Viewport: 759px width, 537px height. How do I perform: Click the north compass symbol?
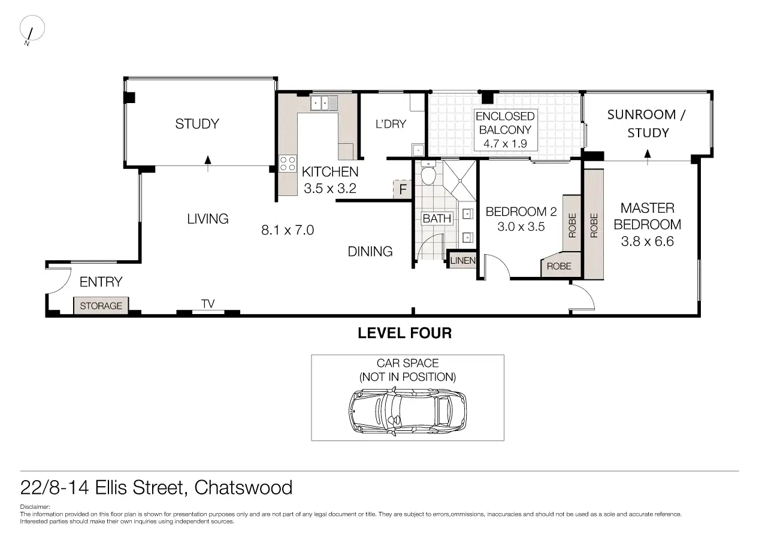click(x=32, y=30)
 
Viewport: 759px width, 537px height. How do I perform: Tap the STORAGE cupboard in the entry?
click(x=101, y=306)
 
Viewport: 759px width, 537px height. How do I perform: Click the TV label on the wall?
click(x=208, y=303)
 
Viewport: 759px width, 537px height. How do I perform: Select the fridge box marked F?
click(x=402, y=189)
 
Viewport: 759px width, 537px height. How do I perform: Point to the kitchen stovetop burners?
click(x=288, y=164)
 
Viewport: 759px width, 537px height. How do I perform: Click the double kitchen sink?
click(x=324, y=102)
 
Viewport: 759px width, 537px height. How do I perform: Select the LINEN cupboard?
click(x=462, y=260)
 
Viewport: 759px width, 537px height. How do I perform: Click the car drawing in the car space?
click(x=407, y=412)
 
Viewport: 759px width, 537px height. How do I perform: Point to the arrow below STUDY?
click(x=208, y=164)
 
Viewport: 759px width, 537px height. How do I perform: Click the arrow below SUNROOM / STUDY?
click(x=648, y=157)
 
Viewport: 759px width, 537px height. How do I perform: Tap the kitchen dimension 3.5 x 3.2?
click(x=330, y=189)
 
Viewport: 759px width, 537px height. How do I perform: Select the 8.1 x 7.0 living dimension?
click(x=288, y=230)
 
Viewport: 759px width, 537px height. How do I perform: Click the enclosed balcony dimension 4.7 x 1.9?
click(x=505, y=144)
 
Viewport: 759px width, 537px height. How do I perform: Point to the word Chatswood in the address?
click(x=243, y=488)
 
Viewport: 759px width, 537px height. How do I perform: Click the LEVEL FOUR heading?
click(x=405, y=333)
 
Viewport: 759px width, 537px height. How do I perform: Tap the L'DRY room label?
click(x=391, y=124)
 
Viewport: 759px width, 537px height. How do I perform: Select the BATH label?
click(x=437, y=219)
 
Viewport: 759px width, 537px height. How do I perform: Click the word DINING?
click(x=370, y=252)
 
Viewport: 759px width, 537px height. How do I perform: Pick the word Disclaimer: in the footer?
click(x=35, y=507)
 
